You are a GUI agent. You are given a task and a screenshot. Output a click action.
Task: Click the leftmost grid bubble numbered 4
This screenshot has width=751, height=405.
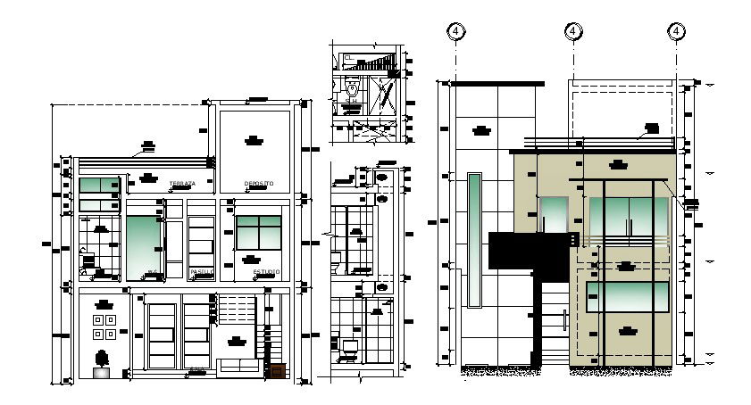point(456,31)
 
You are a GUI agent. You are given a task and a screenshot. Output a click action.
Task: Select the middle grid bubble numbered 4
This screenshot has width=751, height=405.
point(572,31)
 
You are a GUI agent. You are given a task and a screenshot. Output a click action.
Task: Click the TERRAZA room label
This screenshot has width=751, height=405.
point(181,184)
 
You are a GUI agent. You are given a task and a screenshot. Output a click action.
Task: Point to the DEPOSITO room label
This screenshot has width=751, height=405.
point(259,184)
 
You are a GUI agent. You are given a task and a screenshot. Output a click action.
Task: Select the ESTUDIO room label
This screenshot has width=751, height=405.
point(266,271)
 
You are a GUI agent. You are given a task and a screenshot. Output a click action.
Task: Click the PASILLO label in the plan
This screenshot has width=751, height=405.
point(202,271)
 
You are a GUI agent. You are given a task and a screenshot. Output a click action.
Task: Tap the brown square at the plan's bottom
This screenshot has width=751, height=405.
point(278,371)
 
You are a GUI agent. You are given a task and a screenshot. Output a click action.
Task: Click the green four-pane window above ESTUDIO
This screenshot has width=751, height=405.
point(259,232)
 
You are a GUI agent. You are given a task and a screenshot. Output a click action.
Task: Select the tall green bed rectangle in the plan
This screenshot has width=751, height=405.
point(143,245)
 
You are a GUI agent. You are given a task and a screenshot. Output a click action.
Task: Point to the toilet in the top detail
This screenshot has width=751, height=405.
point(353,92)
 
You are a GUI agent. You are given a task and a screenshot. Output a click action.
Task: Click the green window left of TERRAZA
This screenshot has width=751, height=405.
point(99,186)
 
